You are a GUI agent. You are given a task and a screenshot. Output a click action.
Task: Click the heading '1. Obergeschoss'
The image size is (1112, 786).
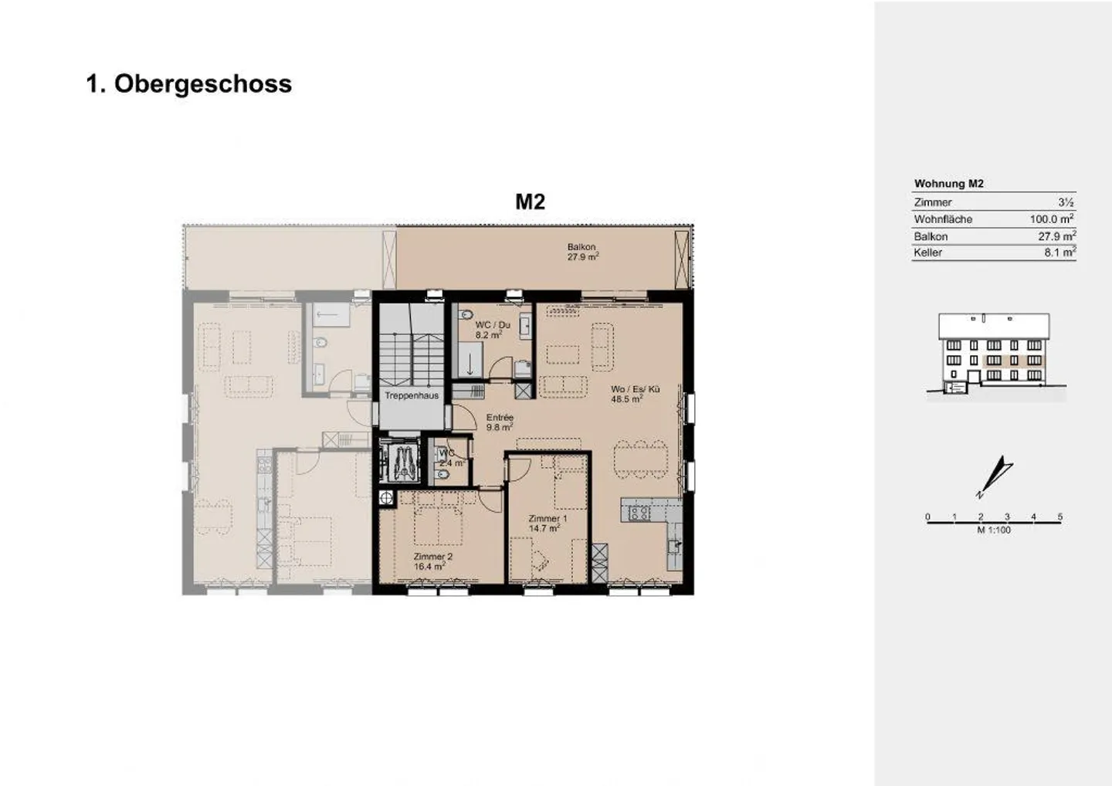189,83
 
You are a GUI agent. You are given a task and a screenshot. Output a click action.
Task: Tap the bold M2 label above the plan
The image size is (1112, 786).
530,202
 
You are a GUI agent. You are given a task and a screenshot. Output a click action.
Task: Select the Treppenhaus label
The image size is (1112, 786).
412,395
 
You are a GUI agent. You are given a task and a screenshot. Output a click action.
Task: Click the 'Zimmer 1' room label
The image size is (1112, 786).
548,519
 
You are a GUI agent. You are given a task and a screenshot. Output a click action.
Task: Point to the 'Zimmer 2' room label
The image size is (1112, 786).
432,557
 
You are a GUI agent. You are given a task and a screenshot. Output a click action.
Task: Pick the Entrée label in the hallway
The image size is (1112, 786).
500,418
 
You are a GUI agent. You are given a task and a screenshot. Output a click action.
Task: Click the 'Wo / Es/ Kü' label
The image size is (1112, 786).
635,390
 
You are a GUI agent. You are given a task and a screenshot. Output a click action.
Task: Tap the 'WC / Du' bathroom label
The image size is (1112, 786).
492,325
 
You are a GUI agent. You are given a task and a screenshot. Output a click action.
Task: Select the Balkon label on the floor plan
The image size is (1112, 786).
581,247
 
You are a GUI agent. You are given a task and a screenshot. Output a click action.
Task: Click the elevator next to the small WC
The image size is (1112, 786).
400,462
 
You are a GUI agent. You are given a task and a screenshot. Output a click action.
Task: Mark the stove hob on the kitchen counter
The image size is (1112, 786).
639,512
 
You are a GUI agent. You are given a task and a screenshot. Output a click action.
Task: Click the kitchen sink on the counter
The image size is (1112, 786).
674,544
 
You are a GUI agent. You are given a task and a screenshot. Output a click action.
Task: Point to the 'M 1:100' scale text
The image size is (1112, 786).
993,530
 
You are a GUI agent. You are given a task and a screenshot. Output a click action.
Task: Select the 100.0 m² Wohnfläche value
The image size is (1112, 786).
1051,219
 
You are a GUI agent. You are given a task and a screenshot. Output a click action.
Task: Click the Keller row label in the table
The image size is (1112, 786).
927,252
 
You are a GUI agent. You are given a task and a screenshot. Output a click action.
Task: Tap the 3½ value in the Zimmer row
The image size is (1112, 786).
1066,202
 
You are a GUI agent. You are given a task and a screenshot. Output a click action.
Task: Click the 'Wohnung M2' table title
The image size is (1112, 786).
948,184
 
